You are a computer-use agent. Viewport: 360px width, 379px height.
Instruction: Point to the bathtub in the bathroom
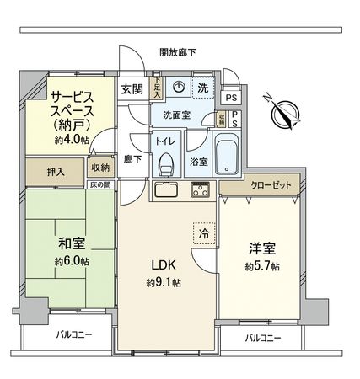click(225, 154)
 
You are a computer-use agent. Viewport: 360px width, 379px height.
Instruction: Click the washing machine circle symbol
click(178, 87)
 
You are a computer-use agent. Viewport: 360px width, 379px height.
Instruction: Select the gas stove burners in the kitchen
click(201, 187)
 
